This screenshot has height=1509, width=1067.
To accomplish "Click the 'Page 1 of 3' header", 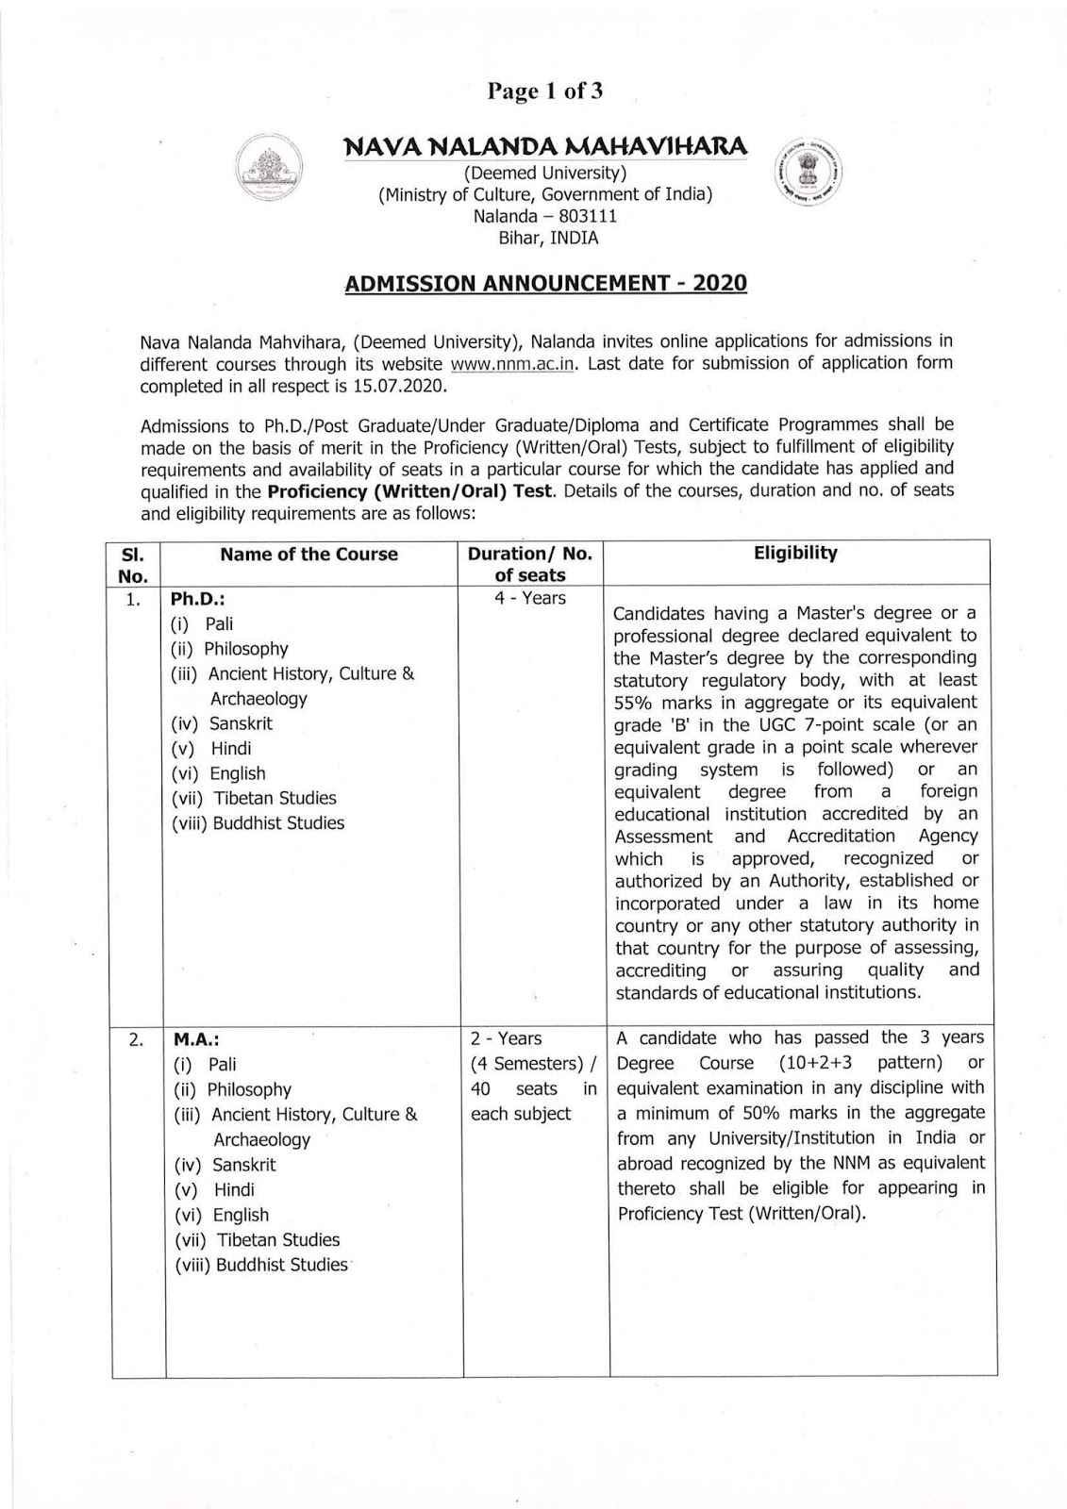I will coord(544,91).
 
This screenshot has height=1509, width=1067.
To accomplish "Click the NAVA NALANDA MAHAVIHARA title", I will coord(545,146).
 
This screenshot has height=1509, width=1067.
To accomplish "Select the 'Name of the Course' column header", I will coord(308,555).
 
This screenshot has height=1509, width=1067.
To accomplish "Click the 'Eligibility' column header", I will coord(795,554).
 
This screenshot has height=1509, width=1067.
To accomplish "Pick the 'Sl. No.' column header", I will coord(135,564).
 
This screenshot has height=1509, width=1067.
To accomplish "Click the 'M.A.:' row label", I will coord(196,1039).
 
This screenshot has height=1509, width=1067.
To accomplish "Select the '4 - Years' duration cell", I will coord(530,598).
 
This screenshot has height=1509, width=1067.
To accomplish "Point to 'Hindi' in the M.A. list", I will coord(233,1190).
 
